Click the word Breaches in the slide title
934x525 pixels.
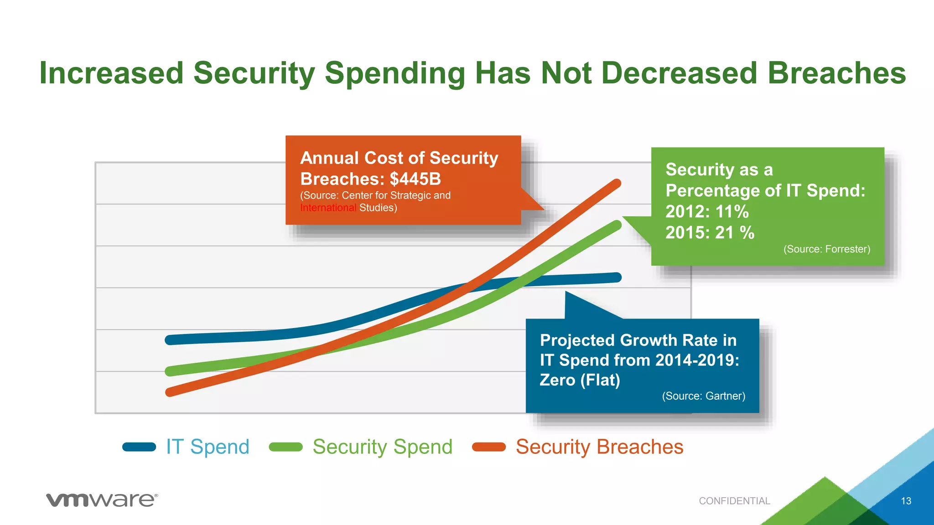[x=836, y=73]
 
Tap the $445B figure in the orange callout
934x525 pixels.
[x=415, y=179]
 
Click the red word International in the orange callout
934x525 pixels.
[x=328, y=208]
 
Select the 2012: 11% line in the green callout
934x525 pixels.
[x=707, y=212]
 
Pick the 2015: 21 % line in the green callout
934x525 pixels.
[x=710, y=233]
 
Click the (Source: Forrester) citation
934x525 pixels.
[x=826, y=249]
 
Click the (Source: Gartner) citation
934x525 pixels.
[x=703, y=396]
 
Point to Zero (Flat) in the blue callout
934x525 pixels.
[x=580, y=380]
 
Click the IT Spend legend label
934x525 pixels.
[x=208, y=447]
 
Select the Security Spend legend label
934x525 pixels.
[x=382, y=447]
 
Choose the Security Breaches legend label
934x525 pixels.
[x=599, y=447]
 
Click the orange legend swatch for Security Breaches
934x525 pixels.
[x=489, y=447]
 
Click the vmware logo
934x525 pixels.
[x=102, y=500]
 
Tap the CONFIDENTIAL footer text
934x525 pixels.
[x=734, y=501]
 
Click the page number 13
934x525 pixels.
[x=906, y=501]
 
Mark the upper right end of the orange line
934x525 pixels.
[x=616, y=184]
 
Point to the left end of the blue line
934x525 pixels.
[x=170, y=340]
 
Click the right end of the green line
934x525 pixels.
[x=617, y=225]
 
